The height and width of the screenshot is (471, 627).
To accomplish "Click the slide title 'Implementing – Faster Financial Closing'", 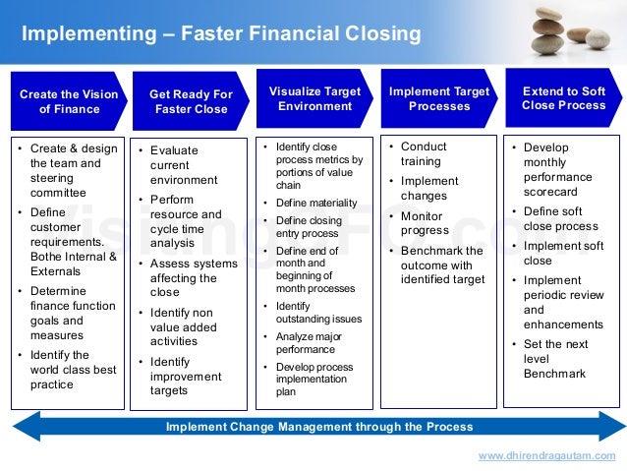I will click(x=221, y=35).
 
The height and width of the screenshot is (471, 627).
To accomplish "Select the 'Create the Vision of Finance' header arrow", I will click(x=68, y=101).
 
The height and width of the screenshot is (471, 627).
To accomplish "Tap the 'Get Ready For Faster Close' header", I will click(x=191, y=101).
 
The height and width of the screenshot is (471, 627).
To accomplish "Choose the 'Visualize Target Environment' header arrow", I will click(x=314, y=98).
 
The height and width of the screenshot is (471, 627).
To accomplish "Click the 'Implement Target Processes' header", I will click(x=438, y=98).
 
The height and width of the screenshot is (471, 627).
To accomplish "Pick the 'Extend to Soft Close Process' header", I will click(x=563, y=98).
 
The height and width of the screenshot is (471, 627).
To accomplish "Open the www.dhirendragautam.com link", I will click(x=546, y=456).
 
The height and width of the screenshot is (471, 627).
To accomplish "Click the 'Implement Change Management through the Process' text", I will click(x=319, y=427).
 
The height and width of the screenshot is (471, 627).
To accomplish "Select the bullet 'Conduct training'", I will click(x=423, y=154).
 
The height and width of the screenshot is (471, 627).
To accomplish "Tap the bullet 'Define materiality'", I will click(x=315, y=204).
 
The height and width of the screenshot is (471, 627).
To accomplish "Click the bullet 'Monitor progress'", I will click(x=425, y=223).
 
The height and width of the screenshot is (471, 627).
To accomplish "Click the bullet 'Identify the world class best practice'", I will click(x=70, y=370).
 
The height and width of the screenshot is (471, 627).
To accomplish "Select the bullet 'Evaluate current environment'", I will click(x=184, y=165).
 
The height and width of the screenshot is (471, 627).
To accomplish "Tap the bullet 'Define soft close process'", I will click(x=560, y=218).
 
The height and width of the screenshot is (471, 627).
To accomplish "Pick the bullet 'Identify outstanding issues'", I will click(x=318, y=313).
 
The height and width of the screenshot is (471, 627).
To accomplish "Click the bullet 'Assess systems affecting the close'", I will click(x=193, y=277).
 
